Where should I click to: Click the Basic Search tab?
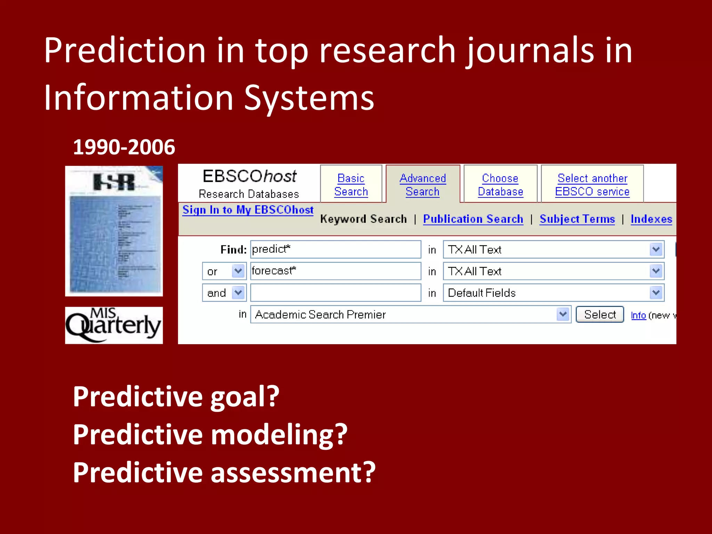(351, 185)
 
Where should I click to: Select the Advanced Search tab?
(422, 185)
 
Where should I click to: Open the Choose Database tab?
(500, 185)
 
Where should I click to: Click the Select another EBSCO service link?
(592, 185)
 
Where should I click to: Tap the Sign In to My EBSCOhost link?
(248, 210)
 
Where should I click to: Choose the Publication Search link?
(473, 219)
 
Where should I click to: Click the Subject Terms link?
(577, 219)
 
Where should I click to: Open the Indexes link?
(651, 219)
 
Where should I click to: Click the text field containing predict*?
(335, 249)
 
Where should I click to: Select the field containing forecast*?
(335, 271)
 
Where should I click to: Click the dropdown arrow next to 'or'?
(238, 271)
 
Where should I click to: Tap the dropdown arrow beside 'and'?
(238, 293)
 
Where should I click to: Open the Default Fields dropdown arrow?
(656, 293)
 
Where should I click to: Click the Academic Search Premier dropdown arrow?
(563, 314)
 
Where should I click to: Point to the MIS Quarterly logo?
(114, 325)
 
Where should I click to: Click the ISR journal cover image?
(114, 231)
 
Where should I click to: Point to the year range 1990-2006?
(124, 147)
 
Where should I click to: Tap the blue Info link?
(638, 315)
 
